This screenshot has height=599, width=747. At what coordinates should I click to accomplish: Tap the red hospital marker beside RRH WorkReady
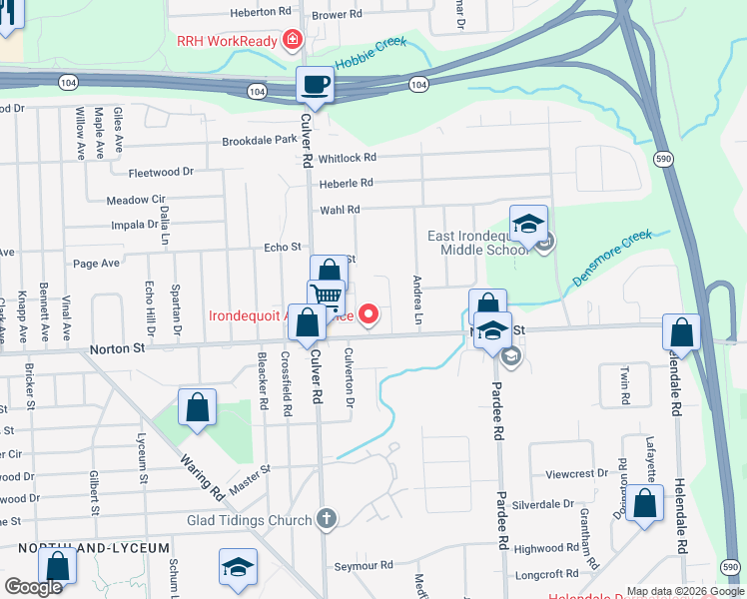[293, 41]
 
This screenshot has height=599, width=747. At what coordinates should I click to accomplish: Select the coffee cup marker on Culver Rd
[316, 85]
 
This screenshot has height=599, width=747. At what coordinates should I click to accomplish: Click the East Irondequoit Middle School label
[476, 243]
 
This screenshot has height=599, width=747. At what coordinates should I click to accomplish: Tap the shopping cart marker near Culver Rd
[326, 297]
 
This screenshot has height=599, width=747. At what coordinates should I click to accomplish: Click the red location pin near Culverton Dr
[369, 315]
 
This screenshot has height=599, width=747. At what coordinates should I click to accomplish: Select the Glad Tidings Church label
[250, 519]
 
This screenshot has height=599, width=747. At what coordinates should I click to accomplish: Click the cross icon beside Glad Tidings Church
[325, 518]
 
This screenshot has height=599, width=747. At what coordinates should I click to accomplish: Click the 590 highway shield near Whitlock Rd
[663, 159]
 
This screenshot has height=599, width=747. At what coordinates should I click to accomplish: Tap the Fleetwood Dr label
[161, 172]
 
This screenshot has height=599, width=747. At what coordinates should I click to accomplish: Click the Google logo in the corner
[33, 587]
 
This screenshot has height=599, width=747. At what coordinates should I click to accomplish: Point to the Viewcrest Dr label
[576, 473]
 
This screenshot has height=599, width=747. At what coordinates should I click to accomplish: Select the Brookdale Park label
[260, 141]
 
